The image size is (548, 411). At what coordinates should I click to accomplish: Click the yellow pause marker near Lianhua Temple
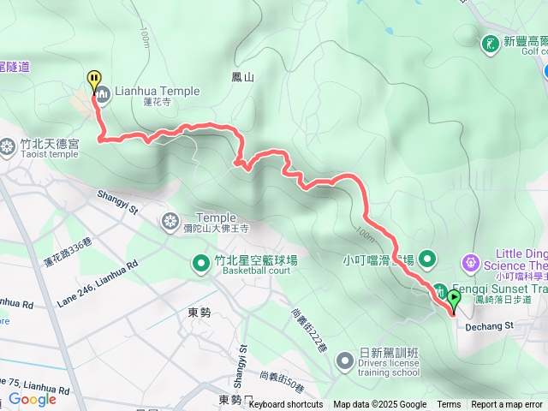(x=93, y=80)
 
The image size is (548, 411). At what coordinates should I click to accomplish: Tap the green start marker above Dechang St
(x=453, y=299)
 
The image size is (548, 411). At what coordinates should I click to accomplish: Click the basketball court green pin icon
(x=202, y=262)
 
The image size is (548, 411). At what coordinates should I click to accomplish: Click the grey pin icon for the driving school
(x=345, y=358)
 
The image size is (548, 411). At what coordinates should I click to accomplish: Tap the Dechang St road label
(x=489, y=325)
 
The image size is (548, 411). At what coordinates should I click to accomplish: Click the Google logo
(x=32, y=399)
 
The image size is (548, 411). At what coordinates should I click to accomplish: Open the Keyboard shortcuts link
(x=285, y=405)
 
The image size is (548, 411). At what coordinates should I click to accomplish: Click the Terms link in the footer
(x=449, y=405)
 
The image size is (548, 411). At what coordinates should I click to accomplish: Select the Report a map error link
(x=507, y=405)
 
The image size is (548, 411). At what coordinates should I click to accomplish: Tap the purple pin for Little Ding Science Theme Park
(x=471, y=260)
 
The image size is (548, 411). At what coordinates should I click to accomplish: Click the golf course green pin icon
(x=490, y=43)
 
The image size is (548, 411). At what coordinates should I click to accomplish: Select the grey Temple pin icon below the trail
(x=170, y=222)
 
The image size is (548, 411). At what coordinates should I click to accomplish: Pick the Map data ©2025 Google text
(x=379, y=405)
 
